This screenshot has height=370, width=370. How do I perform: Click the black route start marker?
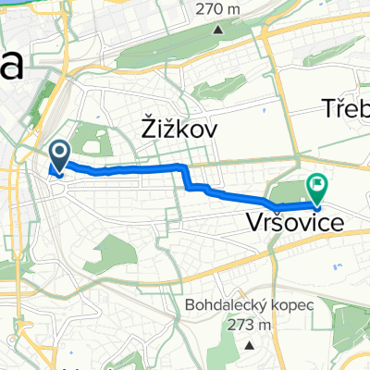(59, 156)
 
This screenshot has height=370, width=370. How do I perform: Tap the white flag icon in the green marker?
(317, 184)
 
